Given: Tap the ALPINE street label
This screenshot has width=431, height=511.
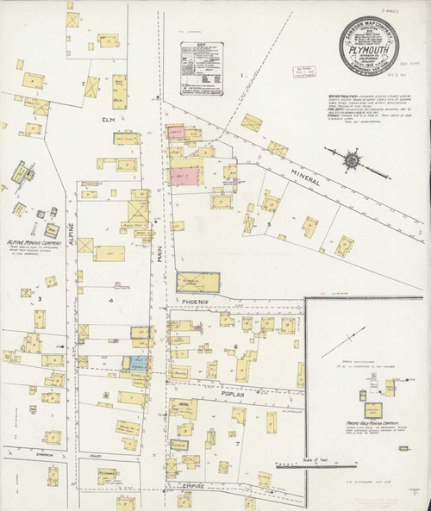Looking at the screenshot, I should tap(72, 227).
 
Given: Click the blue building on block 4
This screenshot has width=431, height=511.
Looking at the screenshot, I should tap(135, 365).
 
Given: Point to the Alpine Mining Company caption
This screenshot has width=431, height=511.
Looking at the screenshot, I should tap(32, 245).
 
